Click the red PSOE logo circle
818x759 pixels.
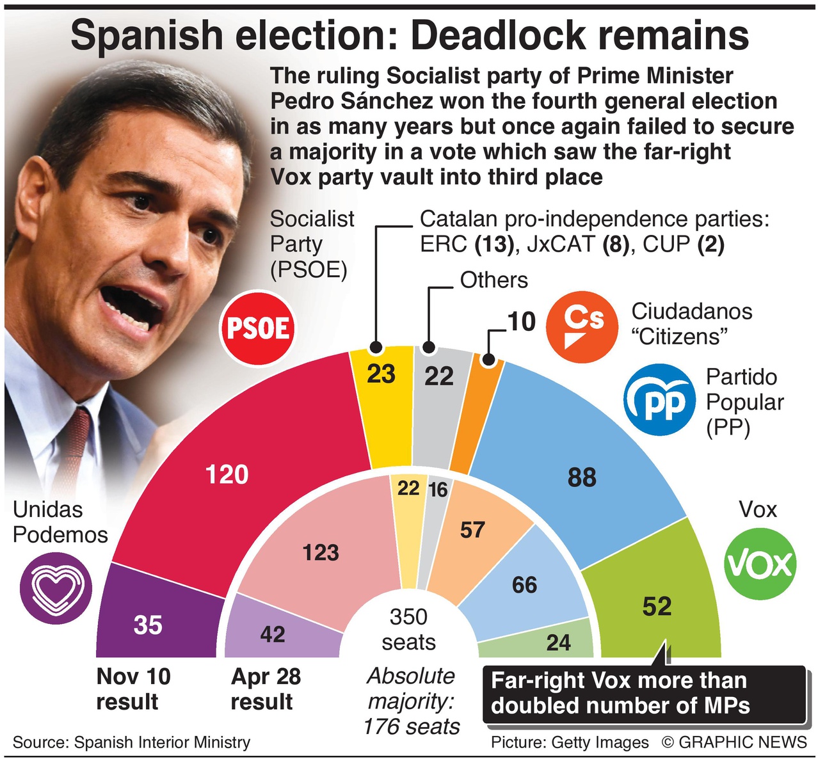pyautogui.click(x=258, y=328)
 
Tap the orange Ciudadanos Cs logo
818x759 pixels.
pyautogui.click(x=582, y=326)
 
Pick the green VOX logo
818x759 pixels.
pyautogui.click(x=760, y=564)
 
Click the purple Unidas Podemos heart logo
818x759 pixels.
pyautogui.click(x=56, y=588)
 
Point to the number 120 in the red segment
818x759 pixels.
pyautogui.click(x=227, y=475)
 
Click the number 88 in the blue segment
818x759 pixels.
pyautogui.click(x=582, y=477)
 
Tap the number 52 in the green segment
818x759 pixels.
pyautogui.click(x=657, y=607)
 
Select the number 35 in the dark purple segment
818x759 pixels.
pyautogui.click(x=148, y=625)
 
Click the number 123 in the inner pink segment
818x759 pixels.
pyautogui.click(x=321, y=552)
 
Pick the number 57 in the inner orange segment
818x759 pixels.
pyautogui.click(x=472, y=530)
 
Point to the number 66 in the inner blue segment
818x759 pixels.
pyautogui.click(x=524, y=584)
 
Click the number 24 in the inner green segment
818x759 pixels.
pyautogui.click(x=558, y=642)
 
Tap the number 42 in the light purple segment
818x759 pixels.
pyautogui.click(x=273, y=634)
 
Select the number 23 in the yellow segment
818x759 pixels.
pyautogui.click(x=381, y=374)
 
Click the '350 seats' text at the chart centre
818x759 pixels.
pyautogui.click(x=408, y=629)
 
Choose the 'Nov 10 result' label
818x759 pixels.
pyautogui.click(x=133, y=689)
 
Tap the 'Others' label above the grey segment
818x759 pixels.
pyautogui.click(x=494, y=280)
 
